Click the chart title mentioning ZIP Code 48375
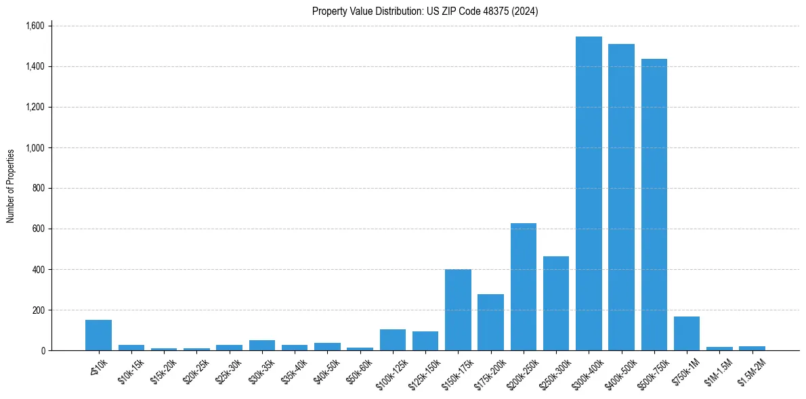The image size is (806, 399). [425, 11]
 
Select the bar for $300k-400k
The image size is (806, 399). [589, 193]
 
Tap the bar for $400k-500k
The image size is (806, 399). [621, 197]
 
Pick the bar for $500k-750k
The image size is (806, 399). [654, 205]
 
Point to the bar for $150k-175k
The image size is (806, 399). [458, 310]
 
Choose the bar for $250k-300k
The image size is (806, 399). [556, 304]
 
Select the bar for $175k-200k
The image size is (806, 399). [490, 323]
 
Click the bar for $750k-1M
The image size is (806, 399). [687, 333]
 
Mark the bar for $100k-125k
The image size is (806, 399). [393, 340]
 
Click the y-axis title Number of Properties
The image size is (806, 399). [11, 186]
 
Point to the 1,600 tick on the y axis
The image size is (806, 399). [34, 26]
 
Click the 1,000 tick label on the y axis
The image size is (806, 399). [34, 147]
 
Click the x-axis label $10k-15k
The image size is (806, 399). [131, 369]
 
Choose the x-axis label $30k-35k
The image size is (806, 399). [261, 369]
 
